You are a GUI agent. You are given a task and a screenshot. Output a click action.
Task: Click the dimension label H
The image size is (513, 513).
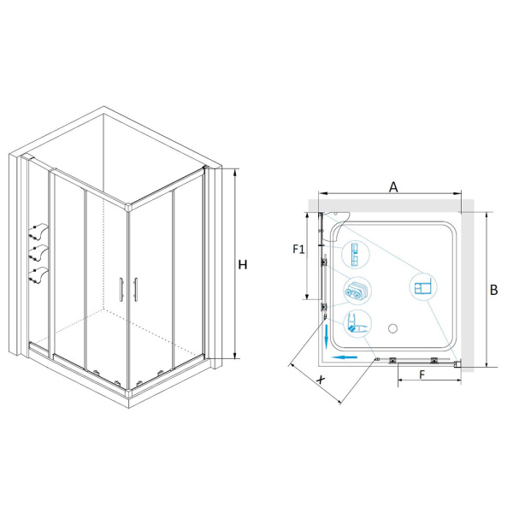(243, 265)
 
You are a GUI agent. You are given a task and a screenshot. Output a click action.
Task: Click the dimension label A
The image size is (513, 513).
(393, 187)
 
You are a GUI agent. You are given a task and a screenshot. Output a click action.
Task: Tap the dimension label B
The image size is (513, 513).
(493, 290)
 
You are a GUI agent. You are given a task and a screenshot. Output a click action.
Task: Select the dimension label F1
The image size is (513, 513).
(298, 250)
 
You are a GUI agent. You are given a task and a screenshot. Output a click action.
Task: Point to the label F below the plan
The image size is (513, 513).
(422, 374)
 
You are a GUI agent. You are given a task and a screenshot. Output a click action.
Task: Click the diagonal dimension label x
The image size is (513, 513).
(321, 380)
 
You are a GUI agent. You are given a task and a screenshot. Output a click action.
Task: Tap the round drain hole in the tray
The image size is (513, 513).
(392, 328)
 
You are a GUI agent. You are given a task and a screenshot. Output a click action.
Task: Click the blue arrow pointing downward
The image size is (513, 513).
(326, 336)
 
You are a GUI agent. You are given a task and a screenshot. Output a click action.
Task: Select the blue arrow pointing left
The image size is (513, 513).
(344, 357)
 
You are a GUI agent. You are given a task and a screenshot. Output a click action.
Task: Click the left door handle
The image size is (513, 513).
(121, 289)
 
